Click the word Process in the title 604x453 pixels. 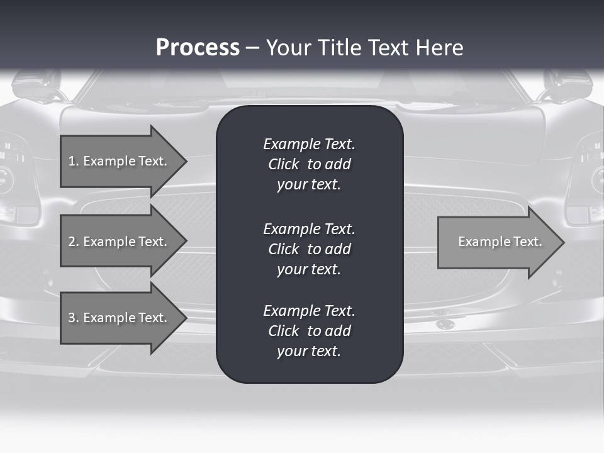[x=198, y=47]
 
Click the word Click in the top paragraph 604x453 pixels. [x=284, y=164]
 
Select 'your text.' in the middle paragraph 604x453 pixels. [x=309, y=269]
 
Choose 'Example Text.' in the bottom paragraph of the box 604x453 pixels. [x=309, y=311]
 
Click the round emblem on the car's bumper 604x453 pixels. [x=445, y=324]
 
